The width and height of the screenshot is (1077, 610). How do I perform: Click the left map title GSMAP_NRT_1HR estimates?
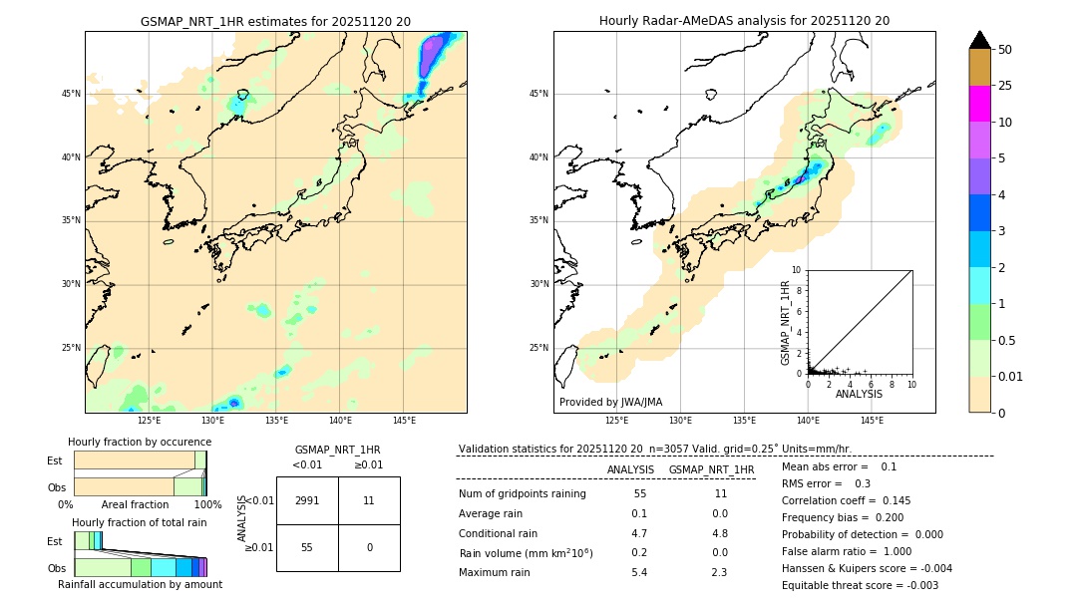pyautogui.click(x=275, y=21)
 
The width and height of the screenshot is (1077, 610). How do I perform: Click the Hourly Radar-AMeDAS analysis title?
pyautogui.click(x=744, y=21)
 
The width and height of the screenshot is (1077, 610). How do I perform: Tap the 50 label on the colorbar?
pyautogui.click(x=1005, y=50)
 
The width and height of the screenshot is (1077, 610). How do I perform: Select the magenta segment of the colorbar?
pyautogui.click(x=979, y=104)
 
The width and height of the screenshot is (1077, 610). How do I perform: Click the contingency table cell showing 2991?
pyautogui.click(x=307, y=500)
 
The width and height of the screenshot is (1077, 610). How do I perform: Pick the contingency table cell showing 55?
pyautogui.click(x=307, y=547)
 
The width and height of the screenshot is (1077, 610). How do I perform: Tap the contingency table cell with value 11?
pyautogui.click(x=369, y=500)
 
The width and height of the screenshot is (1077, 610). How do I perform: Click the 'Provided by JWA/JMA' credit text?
pyautogui.click(x=610, y=402)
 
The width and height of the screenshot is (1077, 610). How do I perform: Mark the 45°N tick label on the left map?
pyautogui.click(x=71, y=94)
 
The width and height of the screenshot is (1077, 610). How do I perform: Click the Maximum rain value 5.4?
pyautogui.click(x=639, y=572)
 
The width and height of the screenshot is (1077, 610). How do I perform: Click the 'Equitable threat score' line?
pyautogui.click(x=860, y=585)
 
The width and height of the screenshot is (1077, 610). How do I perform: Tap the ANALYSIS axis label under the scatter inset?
pyautogui.click(x=859, y=394)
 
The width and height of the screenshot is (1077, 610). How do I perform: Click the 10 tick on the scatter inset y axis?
pyautogui.click(x=797, y=270)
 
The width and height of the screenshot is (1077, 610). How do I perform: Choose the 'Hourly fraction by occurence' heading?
pyautogui.click(x=140, y=442)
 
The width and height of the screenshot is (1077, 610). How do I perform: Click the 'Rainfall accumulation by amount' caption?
pyautogui.click(x=140, y=584)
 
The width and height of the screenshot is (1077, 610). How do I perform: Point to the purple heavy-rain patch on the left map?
pyautogui.click(x=431, y=57)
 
